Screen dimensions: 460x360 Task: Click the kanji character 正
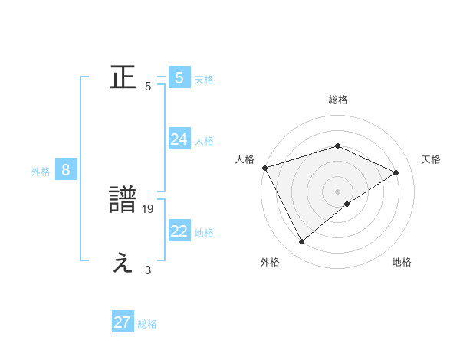123,78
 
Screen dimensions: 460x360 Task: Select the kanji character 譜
123,201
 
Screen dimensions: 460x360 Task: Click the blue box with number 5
179,78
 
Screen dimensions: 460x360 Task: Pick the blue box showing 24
179,139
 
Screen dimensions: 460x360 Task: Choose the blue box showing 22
179,232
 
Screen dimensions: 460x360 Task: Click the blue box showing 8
66,171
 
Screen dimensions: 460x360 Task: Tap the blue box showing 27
123,322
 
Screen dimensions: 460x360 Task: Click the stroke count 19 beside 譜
149,208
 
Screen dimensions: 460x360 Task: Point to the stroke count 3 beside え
148,270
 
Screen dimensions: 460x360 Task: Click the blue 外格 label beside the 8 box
41,172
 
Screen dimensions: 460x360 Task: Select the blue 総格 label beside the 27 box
147,324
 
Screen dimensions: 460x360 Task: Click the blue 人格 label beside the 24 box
204,141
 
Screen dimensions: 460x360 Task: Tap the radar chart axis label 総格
337,100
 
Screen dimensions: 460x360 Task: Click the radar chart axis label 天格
431,159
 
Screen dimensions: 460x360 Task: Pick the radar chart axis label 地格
402,262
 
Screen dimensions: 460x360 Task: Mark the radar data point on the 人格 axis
264,167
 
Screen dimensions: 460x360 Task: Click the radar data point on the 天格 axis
396,172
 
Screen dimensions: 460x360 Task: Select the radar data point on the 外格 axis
302,242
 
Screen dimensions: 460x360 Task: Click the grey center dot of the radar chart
337,191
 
